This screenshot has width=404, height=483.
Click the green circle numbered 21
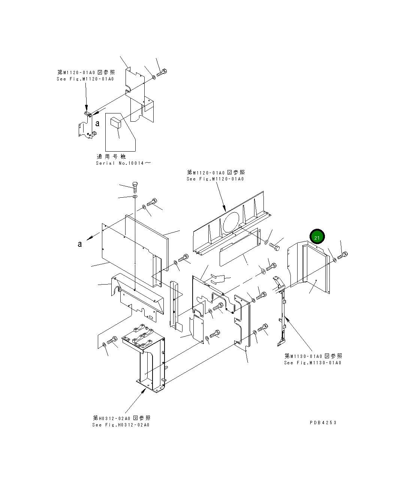click(x=317, y=237)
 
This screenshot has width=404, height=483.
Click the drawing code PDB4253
click(x=323, y=422)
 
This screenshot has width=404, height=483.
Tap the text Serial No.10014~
click(x=124, y=163)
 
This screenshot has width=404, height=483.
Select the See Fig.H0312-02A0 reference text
click(x=121, y=425)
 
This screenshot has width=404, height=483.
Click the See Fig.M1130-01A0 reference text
click(x=313, y=362)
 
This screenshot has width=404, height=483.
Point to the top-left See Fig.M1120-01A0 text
click(x=85, y=79)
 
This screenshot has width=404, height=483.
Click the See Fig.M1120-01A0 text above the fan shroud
click(x=215, y=179)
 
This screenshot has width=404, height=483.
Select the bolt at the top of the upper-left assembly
click(x=162, y=72)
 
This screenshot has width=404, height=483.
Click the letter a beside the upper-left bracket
click(x=97, y=124)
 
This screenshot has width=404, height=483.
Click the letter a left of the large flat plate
click(x=79, y=244)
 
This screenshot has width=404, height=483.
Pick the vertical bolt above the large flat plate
click(x=135, y=186)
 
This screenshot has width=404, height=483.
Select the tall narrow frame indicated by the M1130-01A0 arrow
click(x=282, y=315)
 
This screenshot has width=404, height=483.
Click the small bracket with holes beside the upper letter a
click(x=86, y=127)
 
